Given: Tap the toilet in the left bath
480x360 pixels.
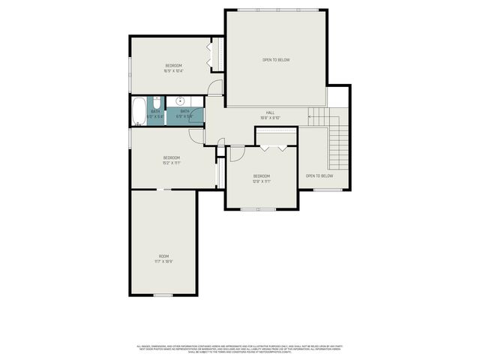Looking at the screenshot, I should pyautogui.click(x=155, y=103).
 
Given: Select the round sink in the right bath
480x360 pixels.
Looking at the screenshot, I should pyautogui.click(x=181, y=100).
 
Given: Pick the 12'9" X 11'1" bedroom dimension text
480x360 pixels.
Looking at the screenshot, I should pyautogui.click(x=262, y=181).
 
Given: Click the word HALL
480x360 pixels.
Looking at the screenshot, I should pyautogui.click(x=270, y=112).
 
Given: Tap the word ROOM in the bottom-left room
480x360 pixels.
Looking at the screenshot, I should pyautogui.click(x=163, y=256).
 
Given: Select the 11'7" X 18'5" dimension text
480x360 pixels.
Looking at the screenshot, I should pyautogui.click(x=163, y=262).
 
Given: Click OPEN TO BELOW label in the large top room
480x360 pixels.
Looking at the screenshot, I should pyautogui.click(x=276, y=60).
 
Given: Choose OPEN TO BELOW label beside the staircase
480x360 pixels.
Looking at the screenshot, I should pyautogui.click(x=319, y=176).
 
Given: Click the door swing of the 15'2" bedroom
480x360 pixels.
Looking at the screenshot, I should pyautogui.click(x=196, y=136).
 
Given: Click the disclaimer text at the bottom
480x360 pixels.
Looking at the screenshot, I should pyautogui.click(x=240, y=349).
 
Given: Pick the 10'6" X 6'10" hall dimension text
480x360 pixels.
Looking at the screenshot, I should pyautogui.click(x=270, y=118).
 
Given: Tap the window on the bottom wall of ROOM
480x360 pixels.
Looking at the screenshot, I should pyautogui.click(x=163, y=295).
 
